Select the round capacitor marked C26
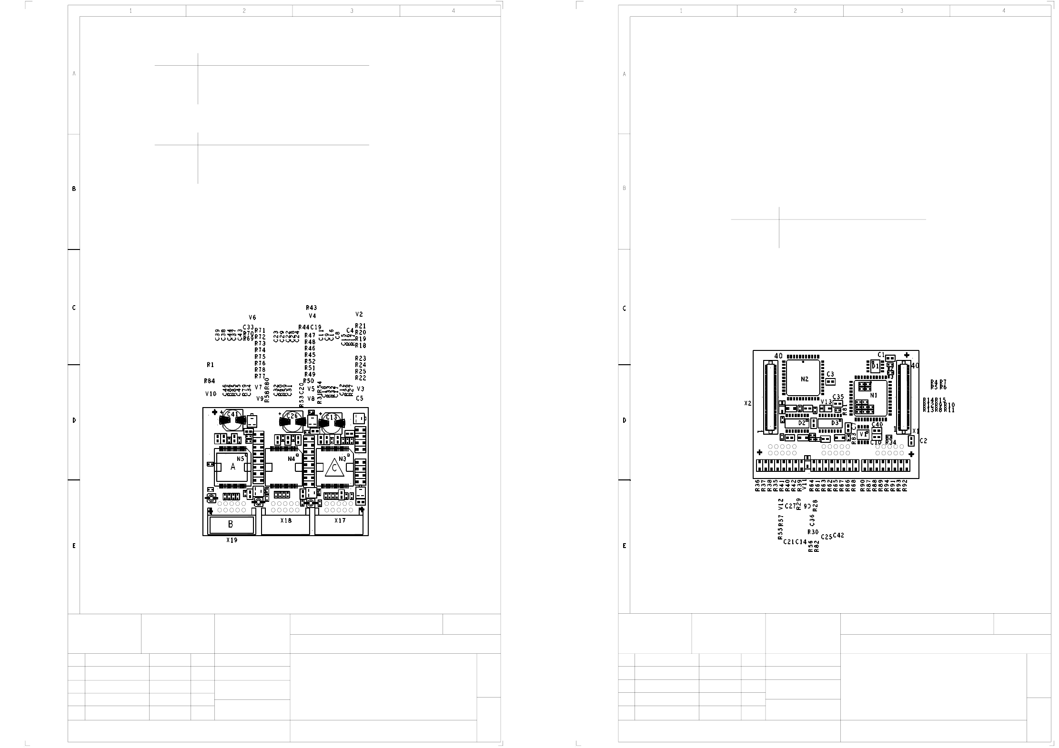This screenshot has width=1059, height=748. [291, 419]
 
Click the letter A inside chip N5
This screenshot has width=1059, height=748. [233, 467]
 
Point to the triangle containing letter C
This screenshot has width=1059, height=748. [334, 469]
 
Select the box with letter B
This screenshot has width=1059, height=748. [231, 525]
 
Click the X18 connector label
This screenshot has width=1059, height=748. [286, 520]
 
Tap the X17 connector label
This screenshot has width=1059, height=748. [340, 520]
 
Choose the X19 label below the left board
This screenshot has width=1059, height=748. [232, 540]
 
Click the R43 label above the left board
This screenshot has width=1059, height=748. [312, 308]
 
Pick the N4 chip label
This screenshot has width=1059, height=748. [292, 459]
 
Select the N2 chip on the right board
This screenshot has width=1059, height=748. [805, 379]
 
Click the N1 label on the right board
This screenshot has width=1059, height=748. [874, 395]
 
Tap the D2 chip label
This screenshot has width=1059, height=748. [802, 423]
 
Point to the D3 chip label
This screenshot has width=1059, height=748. [835, 423]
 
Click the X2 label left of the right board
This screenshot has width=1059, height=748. [747, 403]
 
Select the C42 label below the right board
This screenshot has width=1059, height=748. [838, 535]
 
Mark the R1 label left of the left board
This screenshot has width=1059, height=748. [210, 365]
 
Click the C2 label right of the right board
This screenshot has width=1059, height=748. [923, 441]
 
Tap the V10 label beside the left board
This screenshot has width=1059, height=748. [211, 394]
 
